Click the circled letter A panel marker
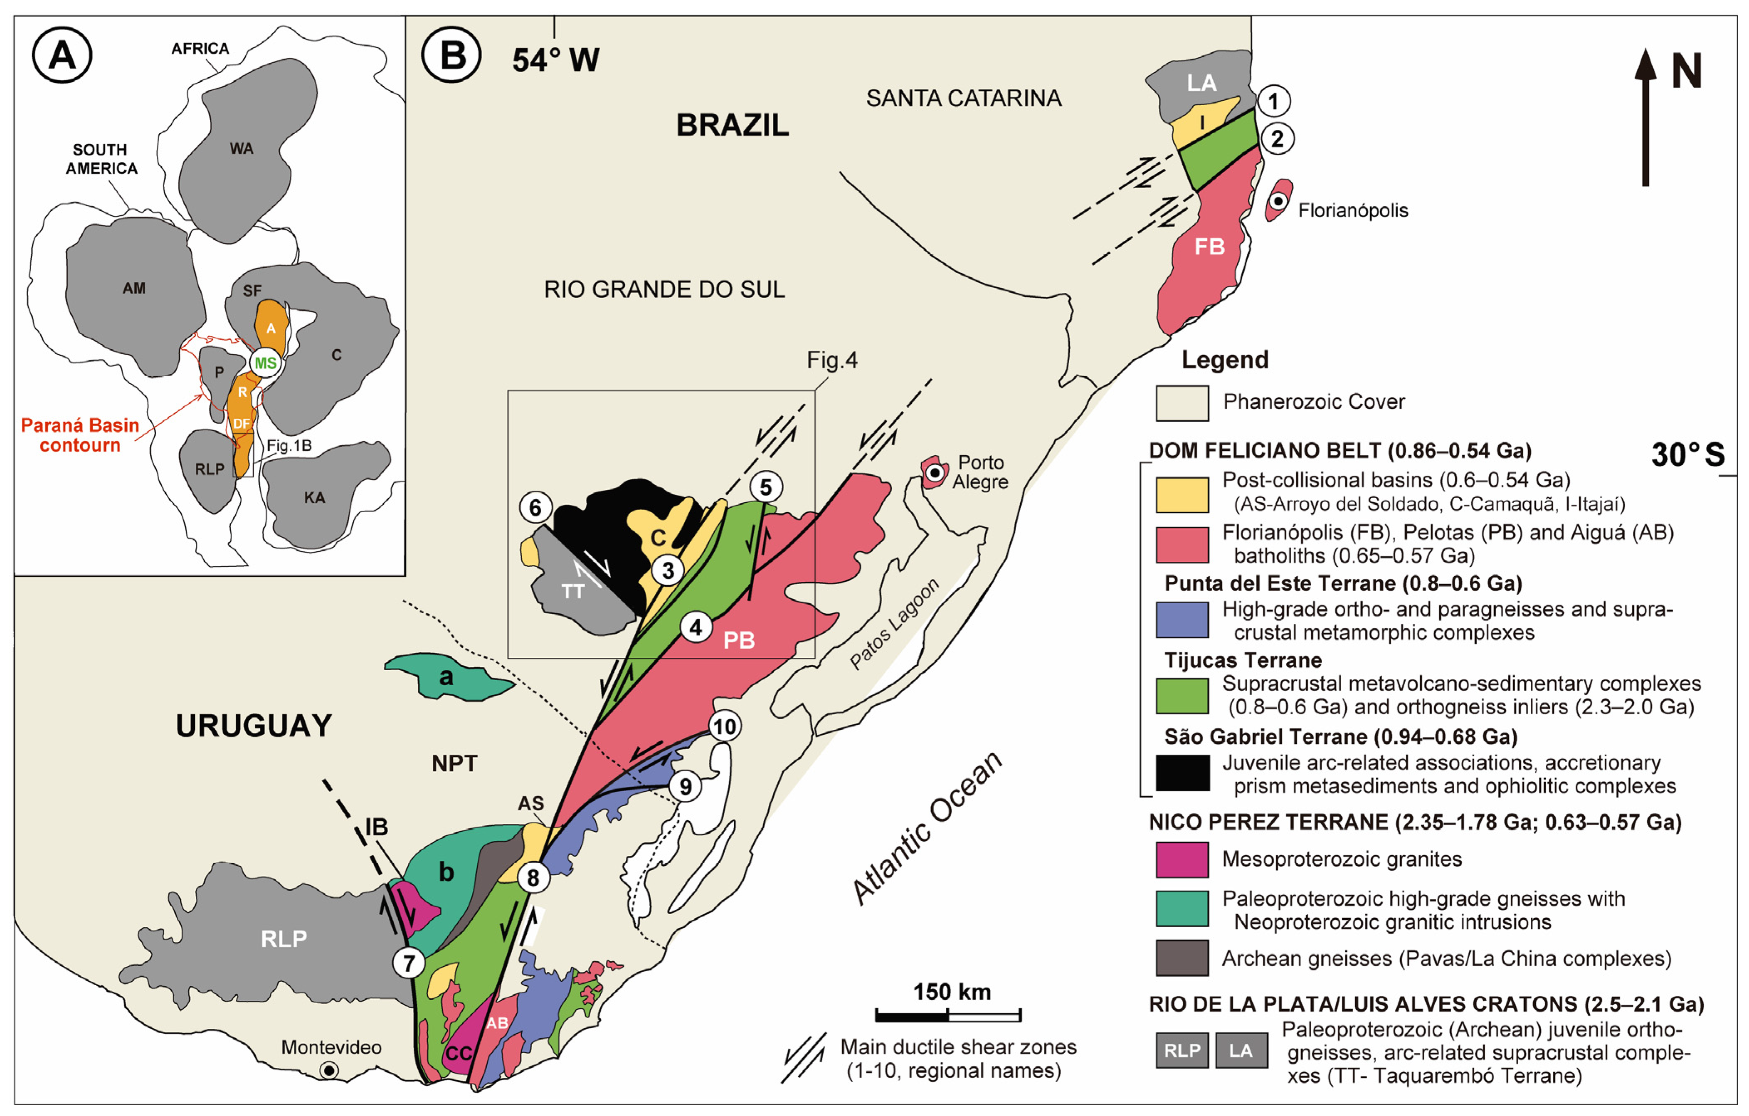62,55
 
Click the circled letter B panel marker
452,55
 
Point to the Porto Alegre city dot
935,474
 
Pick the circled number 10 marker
724,726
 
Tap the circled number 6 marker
535,507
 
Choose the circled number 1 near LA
1273,101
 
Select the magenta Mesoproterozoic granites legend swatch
1182,859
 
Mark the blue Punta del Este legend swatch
1182,620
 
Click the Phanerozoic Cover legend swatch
1182,403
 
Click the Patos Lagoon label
894,623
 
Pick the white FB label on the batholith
1209,247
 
